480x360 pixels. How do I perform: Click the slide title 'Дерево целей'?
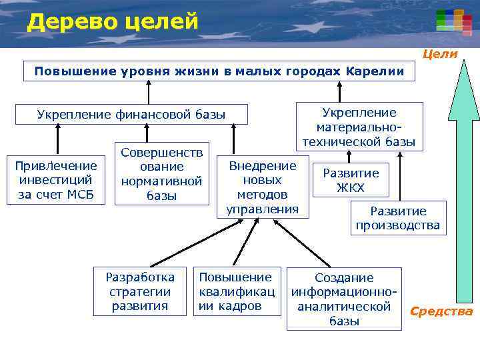[x=113, y=22]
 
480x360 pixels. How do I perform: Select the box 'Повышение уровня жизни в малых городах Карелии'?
[x=219, y=71]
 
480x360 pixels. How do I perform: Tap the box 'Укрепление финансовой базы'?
[x=131, y=114]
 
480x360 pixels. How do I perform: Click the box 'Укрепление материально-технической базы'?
[x=359, y=127]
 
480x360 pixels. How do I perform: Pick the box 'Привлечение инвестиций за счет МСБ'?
[x=57, y=180]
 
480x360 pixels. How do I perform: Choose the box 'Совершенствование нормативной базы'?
[x=161, y=173]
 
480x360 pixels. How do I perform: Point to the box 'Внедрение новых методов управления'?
[x=263, y=187]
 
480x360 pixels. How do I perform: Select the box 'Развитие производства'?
[x=397, y=218]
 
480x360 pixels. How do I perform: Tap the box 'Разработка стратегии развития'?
[x=140, y=291]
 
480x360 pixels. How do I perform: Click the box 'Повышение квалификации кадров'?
[x=236, y=291]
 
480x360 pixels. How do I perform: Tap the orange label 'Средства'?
[x=441, y=311]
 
